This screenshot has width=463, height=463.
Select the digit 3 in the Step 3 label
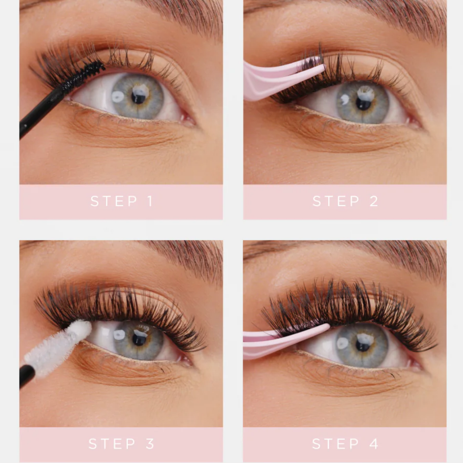point(150,444)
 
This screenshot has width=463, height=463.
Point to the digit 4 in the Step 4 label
point(374,444)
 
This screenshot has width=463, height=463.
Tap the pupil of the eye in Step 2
point(363,103)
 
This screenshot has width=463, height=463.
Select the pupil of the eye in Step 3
point(139,339)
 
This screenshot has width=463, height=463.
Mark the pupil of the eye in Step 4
point(363,345)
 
